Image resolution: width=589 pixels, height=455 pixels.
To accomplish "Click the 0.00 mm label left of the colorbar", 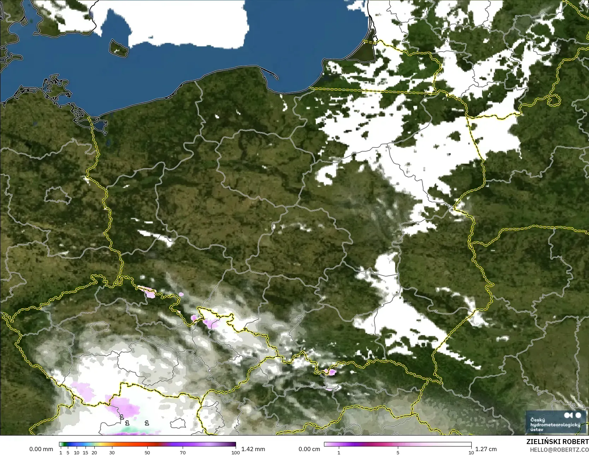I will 41,449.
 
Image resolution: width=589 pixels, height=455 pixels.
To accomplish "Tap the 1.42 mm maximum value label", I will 253,449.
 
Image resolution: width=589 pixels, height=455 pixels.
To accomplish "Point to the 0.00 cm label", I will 309,449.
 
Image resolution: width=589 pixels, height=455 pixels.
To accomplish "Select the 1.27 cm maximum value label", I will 486,449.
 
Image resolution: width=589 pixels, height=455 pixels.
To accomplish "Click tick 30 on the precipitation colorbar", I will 112,453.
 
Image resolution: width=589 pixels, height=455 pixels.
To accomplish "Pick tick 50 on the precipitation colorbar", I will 147,453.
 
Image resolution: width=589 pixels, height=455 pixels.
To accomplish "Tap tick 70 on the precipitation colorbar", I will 183,453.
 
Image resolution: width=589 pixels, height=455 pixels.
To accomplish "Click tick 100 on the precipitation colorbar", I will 235,453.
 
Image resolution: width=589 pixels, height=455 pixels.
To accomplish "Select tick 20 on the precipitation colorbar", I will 94,453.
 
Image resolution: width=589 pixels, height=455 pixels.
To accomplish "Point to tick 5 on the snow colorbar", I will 398,453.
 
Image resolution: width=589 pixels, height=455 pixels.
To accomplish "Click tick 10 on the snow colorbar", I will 471,453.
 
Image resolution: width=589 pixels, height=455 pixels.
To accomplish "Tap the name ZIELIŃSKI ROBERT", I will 557,442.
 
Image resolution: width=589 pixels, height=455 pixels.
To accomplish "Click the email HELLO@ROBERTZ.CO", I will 559,449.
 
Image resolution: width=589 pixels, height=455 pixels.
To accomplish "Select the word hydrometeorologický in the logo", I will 555,425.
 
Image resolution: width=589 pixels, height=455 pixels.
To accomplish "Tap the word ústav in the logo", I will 537,430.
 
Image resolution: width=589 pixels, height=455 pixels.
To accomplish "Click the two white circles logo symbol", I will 572,415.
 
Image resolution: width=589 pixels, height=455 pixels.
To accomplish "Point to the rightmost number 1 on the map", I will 147,423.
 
